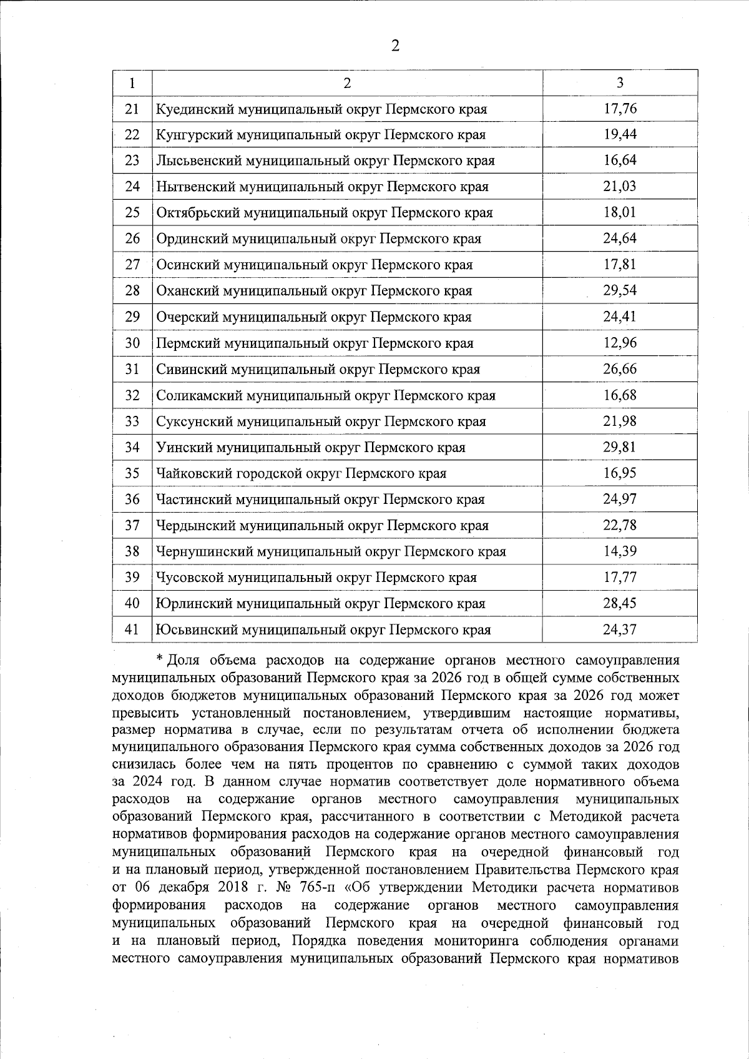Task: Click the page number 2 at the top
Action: pyautogui.click(x=394, y=46)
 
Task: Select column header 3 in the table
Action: pyautogui.click(x=619, y=82)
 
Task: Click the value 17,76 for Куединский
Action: pyautogui.click(x=619, y=109)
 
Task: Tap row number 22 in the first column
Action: pyautogui.click(x=132, y=135)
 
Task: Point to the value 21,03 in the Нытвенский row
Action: pyautogui.click(x=619, y=187)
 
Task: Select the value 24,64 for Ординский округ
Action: pyautogui.click(x=619, y=239)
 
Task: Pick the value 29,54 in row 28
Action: pyautogui.click(x=619, y=291)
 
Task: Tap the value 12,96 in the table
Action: pyautogui.click(x=619, y=343)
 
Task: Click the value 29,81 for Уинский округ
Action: pyautogui.click(x=619, y=448)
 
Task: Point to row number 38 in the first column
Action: pyautogui.click(x=132, y=552)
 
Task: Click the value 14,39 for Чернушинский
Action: pyautogui.click(x=619, y=552)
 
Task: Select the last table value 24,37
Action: pyautogui.click(x=619, y=630)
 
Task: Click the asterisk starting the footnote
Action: pyautogui.click(x=160, y=659)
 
